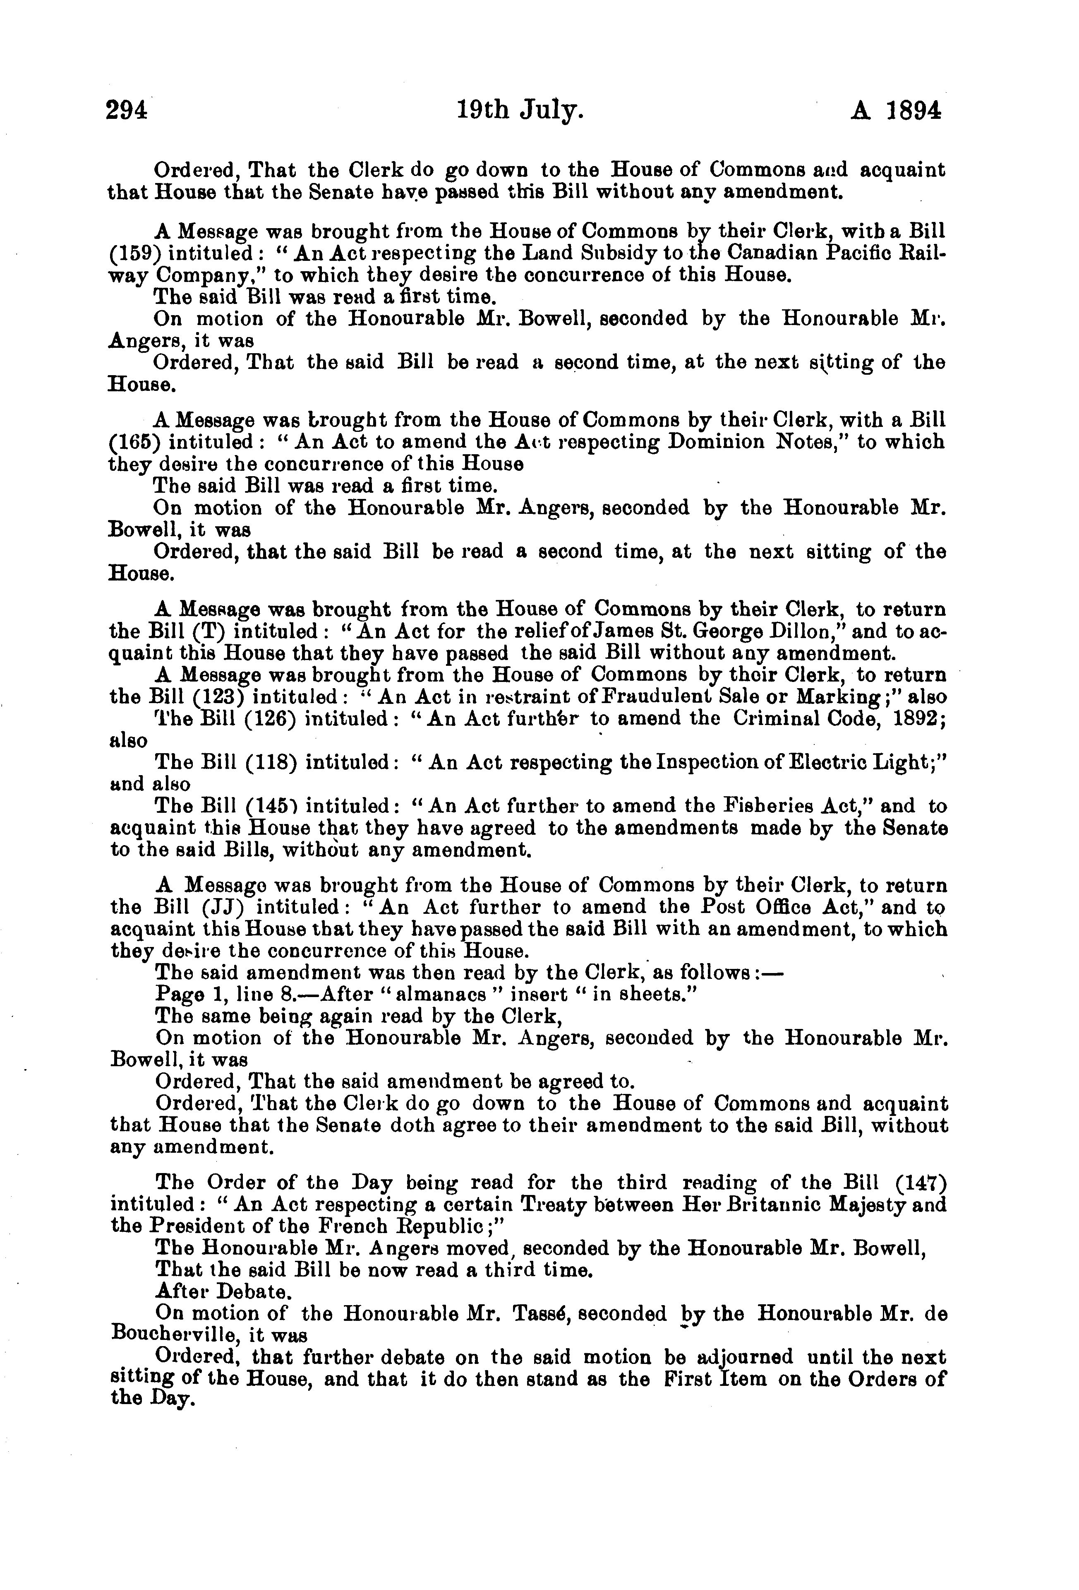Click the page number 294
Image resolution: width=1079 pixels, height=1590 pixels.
(127, 111)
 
